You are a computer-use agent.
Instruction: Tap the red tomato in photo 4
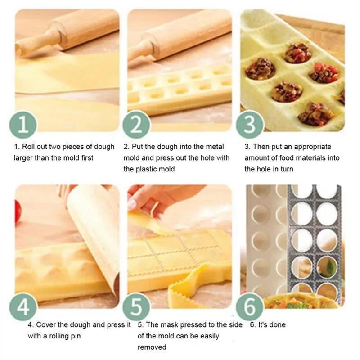(x=18, y=211)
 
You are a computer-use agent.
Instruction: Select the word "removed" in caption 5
(x=152, y=347)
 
